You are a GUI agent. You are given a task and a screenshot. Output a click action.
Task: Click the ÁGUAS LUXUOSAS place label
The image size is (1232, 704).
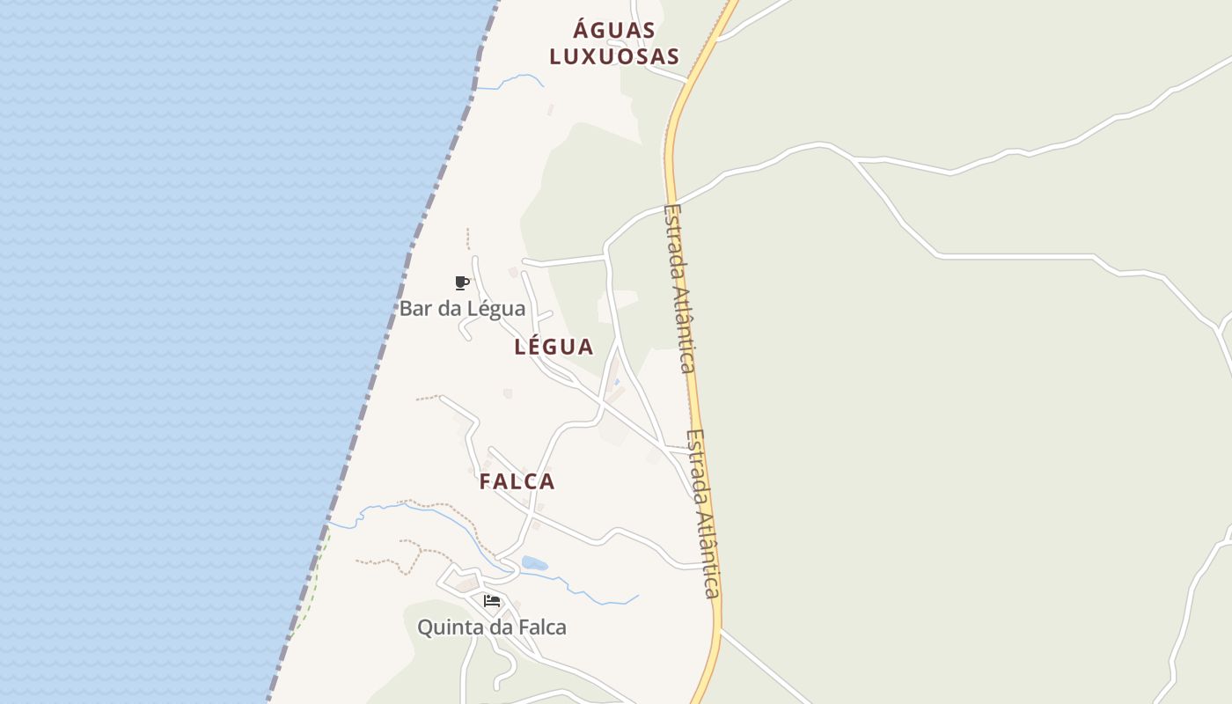pyautogui.click(x=614, y=43)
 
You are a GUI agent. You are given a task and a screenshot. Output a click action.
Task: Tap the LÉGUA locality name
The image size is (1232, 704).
pyautogui.click(x=554, y=347)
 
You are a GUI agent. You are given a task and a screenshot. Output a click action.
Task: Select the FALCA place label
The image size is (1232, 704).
pyautogui.click(x=517, y=482)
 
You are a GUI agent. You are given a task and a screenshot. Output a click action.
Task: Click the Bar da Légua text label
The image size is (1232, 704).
pyautogui.click(x=462, y=309)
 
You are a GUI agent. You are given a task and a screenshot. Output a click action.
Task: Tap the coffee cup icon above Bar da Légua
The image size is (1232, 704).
pyautogui.click(x=461, y=282)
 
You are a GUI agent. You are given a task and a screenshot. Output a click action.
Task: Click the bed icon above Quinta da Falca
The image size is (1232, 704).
pyautogui.click(x=492, y=601)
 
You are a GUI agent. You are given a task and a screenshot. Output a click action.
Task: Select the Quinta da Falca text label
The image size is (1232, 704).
pyautogui.click(x=491, y=627)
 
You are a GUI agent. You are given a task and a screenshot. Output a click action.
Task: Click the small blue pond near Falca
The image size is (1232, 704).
pyautogui.click(x=534, y=563)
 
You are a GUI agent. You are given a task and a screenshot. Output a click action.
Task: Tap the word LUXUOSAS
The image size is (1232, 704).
pyautogui.click(x=614, y=57)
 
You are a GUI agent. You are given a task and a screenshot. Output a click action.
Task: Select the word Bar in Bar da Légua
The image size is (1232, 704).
pyautogui.click(x=414, y=309)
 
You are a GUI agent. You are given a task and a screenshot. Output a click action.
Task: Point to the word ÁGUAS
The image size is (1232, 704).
pyautogui.click(x=614, y=30)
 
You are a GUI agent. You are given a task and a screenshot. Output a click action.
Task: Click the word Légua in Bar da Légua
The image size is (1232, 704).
pyautogui.click(x=496, y=309)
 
